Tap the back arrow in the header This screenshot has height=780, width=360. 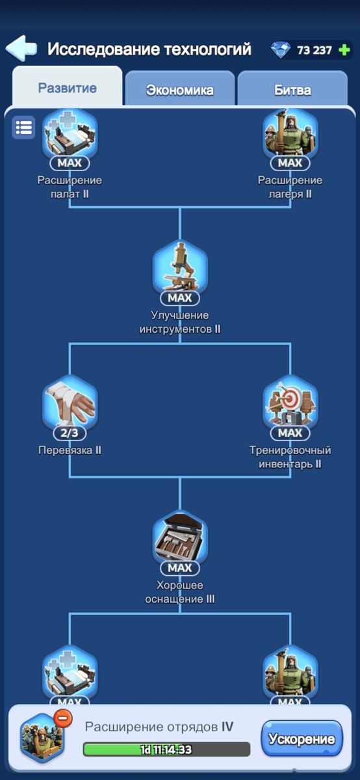pos(21,48)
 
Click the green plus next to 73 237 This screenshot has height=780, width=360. pos(344,50)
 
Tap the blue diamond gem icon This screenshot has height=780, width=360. pos(280,50)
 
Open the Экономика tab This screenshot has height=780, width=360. pos(179,90)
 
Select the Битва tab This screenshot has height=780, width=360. pos(292,90)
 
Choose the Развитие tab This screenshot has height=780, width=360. pos(67,87)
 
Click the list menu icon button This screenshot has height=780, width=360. pos(23,127)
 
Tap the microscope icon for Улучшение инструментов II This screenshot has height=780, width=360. pos(180,266)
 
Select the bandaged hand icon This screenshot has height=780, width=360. pos(70,402)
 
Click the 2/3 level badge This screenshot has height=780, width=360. pos(70,433)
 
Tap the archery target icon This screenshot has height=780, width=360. pos(290,402)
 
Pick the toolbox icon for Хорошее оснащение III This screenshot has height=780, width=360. pos(180,537)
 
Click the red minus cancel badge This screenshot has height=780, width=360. pos(63,718)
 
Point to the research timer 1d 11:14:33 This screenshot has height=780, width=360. pos(166,749)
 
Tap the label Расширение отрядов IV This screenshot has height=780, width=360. pos(159,727)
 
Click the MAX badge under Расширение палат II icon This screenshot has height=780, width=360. pos(70,162)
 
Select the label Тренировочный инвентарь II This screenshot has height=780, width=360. pos(290,457)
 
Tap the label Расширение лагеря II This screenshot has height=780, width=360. pos(290,187)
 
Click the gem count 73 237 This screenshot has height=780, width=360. pos(314,50)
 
